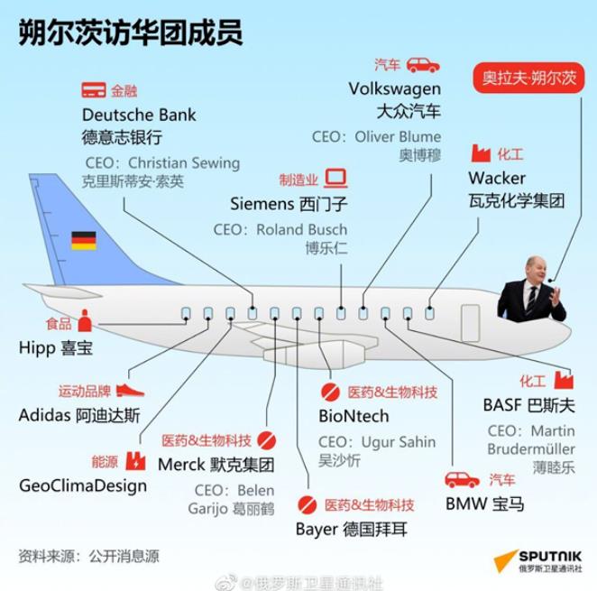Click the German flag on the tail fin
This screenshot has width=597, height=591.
[84, 241]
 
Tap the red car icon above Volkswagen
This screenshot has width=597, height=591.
[423, 65]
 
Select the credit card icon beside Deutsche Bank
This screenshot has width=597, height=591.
[94, 90]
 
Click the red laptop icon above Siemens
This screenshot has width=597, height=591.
[335, 179]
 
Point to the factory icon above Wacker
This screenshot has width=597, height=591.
[481, 153]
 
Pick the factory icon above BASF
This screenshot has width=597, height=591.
[564, 380]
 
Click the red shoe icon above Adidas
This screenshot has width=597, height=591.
[130, 391]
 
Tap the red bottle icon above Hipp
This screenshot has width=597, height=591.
[85, 320]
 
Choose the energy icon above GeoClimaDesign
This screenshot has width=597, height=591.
[135, 461]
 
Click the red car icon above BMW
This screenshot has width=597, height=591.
[463, 480]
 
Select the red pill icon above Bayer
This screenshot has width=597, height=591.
[308, 505]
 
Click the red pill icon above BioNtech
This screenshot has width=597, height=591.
[330, 392]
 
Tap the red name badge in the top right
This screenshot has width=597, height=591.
[528, 78]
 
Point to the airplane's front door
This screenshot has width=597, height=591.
[471, 323]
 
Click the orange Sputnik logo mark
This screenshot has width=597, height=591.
[506, 561]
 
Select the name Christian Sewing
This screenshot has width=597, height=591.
[184, 163]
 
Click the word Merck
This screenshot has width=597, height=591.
[181, 465]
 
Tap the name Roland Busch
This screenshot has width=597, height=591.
[301, 229]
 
